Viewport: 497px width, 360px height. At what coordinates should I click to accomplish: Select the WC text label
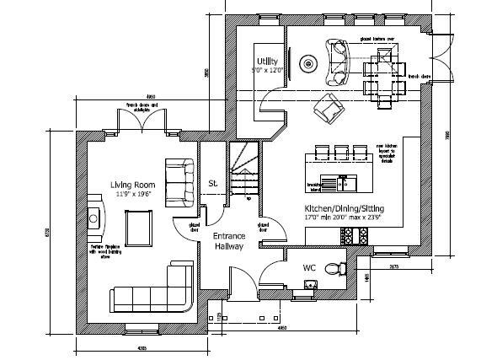click(309, 268)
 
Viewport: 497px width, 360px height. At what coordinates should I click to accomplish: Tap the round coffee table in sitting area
click(310, 63)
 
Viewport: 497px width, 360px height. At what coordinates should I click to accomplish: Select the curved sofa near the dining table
click(338, 62)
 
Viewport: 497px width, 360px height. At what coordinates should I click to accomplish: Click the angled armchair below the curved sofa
click(327, 107)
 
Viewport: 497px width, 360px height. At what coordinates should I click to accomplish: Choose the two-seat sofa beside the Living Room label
click(179, 181)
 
